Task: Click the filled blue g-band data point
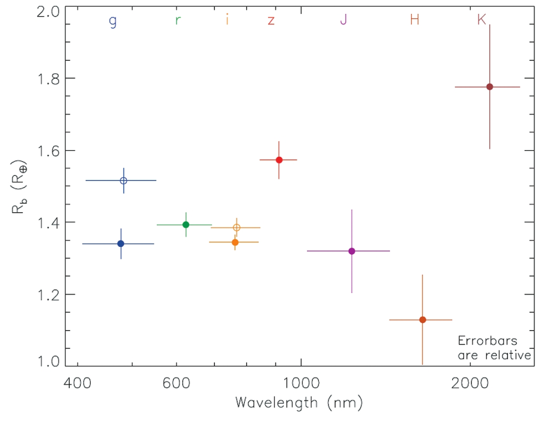[121, 244]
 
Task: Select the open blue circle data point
[124, 181]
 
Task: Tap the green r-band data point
[186, 224]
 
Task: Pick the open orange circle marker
[237, 228]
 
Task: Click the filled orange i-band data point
[235, 242]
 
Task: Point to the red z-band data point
[279, 160]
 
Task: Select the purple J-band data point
[351, 251]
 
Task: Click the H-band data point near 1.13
[422, 320]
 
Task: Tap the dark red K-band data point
[489, 86]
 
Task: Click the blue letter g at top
[112, 21]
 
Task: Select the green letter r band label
[177, 20]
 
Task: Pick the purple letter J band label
[343, 20]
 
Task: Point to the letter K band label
[481, 20]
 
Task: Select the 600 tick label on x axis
[176, 383]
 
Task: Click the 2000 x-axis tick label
[469, 383]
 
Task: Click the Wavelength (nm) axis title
[299, 403]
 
